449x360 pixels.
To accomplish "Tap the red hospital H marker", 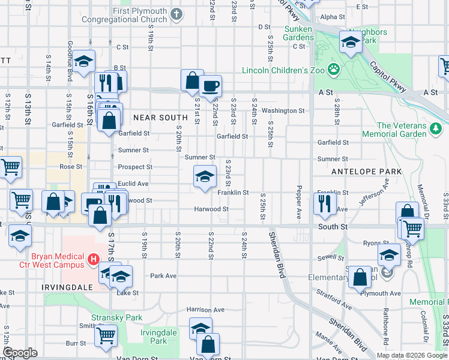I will [93, 259].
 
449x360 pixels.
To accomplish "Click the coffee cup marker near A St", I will [210, 86].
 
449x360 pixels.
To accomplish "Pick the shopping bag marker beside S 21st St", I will [192, 80].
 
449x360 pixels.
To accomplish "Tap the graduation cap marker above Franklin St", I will [205, 176].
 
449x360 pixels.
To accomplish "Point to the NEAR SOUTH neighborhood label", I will [157, 118].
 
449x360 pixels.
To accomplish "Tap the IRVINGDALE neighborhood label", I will [67, 287].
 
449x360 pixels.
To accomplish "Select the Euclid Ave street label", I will [133, 184].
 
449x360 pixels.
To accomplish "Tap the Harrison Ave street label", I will [205, 310].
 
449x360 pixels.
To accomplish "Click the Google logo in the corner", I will [20, 353].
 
